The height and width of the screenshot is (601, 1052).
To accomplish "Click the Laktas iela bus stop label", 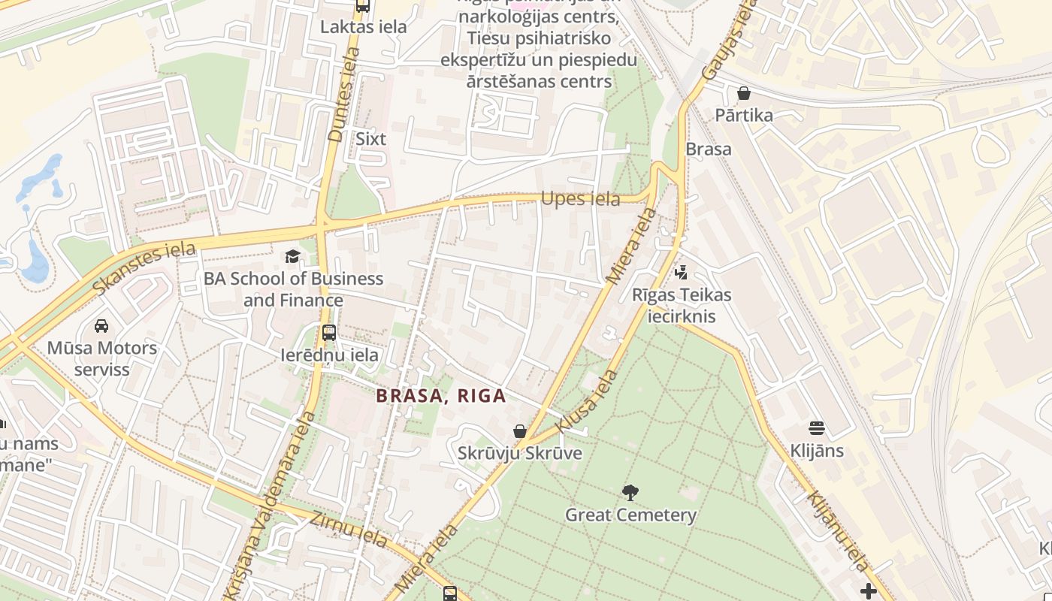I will click(363, 27).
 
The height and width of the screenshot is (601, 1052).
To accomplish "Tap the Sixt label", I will click(370, 139).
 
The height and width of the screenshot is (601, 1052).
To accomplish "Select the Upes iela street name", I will click(580, 199).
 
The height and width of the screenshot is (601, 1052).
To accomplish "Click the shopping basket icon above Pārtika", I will click(744, 93).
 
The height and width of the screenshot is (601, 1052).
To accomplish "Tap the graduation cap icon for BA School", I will click(292, 257).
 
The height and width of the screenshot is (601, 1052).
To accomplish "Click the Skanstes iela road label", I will click(144, 267).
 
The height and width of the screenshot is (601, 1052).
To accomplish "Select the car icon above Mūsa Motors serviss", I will click(101, 326).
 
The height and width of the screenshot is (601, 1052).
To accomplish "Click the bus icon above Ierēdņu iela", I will click(329, 333).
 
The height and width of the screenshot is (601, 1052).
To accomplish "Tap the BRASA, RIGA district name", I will click(441, 396).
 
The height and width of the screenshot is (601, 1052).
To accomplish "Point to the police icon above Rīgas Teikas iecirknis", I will click(682, 273).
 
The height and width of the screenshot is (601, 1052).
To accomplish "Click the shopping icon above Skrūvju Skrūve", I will click(519, 431).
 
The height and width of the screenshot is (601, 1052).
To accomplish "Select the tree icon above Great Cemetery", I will click(630, 493).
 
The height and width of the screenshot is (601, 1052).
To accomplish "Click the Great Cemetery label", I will click(630, 515).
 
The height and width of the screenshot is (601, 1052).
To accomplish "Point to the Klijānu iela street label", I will click(837, 531).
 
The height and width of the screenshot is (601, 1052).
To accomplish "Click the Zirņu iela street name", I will click(358, 528).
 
